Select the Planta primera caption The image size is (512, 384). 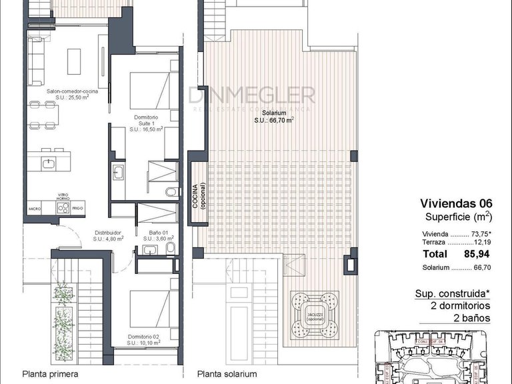(50, 374)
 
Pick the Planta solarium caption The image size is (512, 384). (225, 374)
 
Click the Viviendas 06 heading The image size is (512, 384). (455, 204)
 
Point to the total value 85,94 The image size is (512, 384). (477, 254)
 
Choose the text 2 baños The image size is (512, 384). (471, 318)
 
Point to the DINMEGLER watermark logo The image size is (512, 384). (251, 95)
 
